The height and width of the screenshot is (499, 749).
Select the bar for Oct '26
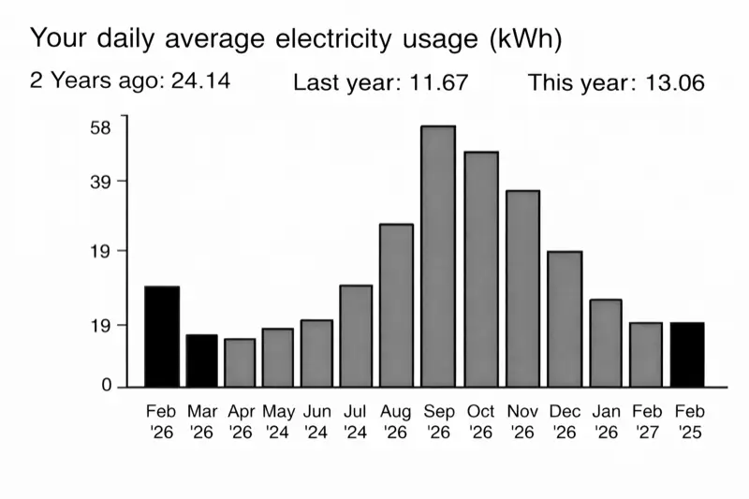tap(480, 269)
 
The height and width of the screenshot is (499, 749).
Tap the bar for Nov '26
tap(522, 288)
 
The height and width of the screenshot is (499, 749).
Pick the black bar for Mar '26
tap(201, 360)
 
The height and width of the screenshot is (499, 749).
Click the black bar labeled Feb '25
tap(687, 354)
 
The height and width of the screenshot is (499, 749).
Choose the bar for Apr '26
tap(240, 362)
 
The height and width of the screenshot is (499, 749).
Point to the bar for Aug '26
tap(396, 304)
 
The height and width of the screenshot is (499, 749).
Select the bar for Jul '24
tap(356, 335)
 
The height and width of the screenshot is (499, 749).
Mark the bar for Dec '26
tap(565, 318)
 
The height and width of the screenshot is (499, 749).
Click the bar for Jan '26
tap(606, 343)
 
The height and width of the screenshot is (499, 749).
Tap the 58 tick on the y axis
tap(100, 127)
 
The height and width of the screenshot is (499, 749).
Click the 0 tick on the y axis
tap(106, 386)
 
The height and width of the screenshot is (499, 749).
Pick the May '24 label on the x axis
tap(278, 421)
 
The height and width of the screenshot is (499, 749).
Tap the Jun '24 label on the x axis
tap(317, 421)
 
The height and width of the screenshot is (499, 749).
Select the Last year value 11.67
tap(439, 83)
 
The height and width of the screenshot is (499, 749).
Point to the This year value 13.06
tap(673, 83)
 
